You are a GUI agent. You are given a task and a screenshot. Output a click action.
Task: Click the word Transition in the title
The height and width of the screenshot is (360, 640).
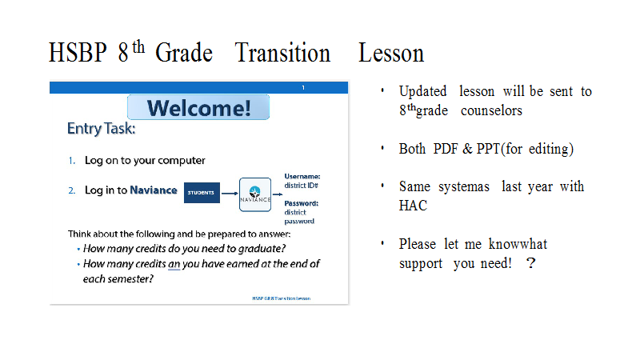coord(282,53)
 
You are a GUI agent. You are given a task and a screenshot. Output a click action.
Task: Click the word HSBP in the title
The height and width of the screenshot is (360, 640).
coord(78,53)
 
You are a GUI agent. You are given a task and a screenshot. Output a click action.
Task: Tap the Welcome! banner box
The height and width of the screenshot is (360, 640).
coord(198,107)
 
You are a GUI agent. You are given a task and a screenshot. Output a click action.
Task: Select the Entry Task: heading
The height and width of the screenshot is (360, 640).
coord(102,129)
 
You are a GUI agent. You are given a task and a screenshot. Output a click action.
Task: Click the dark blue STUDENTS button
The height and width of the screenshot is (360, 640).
coord(202,193)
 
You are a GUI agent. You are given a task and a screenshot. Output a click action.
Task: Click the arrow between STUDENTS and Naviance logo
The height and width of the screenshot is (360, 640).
coord(230,194)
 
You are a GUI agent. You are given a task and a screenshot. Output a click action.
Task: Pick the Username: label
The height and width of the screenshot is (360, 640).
coord(302,176)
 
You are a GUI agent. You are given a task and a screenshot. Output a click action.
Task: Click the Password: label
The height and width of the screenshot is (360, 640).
coord(302,203)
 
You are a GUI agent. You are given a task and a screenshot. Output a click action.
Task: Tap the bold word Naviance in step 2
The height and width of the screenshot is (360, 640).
coord(154,190)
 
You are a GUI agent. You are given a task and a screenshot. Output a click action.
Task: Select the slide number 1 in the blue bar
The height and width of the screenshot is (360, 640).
coord(303,88)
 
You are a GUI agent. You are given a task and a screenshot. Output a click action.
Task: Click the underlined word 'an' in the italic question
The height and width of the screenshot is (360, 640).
coord(174,265)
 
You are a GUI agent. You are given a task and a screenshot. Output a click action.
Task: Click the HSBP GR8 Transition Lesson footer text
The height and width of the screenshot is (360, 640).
coord(282,298)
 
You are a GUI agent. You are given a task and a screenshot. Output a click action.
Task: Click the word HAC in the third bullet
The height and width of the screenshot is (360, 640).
coord(413,206)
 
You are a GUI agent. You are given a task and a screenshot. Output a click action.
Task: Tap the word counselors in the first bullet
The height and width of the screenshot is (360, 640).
coord(491,110)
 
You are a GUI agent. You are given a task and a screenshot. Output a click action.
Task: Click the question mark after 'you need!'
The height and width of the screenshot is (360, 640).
coord(530,263)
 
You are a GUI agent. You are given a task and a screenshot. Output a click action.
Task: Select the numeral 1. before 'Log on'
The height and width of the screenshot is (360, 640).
coord(72,161)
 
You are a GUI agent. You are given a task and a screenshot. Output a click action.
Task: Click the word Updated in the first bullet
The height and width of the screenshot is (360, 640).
coord(423,92)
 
